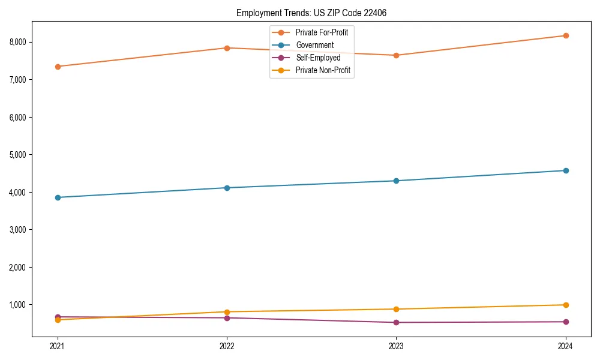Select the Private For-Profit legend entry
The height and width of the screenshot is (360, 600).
pos(322,32)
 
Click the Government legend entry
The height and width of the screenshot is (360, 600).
pos(314,45)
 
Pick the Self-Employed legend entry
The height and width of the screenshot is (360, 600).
pos(318,58)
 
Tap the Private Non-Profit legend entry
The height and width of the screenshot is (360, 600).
pos(323,70)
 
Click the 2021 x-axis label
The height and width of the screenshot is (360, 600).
pos(58,346)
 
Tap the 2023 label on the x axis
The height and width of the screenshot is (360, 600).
pos(396,346)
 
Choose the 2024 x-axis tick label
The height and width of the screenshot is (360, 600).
pos(565,346)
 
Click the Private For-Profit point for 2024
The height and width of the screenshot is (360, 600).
pos(565,36)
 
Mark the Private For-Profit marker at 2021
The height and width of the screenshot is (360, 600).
pos(58,67)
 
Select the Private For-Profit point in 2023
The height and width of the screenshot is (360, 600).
pos(396,55)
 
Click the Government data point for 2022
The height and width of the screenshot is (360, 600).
pos(227,188)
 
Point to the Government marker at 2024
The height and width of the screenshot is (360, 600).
pos(565,170)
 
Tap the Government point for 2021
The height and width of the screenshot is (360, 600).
pos(58,197)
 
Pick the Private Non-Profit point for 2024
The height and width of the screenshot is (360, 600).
pos(565,305)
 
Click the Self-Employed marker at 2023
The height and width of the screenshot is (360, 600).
pos(396,322)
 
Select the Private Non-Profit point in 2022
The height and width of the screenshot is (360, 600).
pos(227,312)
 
